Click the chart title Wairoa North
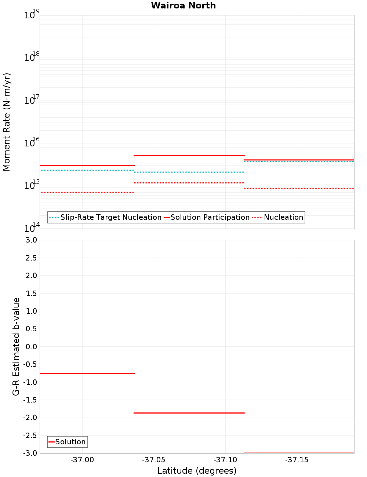(x=183, y=6)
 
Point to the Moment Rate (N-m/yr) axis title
(x=7, y=122)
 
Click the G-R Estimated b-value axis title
(x=16, y=346)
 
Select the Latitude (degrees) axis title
(x=197, y=471)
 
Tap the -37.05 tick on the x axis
(x=154, y=460)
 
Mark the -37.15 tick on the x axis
(x=297, y=460)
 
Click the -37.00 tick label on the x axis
(x=82, y=460)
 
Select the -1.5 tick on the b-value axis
(x=30, y=400)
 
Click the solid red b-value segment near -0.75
(x=87, y=374)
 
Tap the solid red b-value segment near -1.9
(x=189, y=413)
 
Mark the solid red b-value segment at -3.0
(x=299, y=453)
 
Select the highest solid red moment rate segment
(x=189, y=155)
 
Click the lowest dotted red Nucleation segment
(x=87, y=192)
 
